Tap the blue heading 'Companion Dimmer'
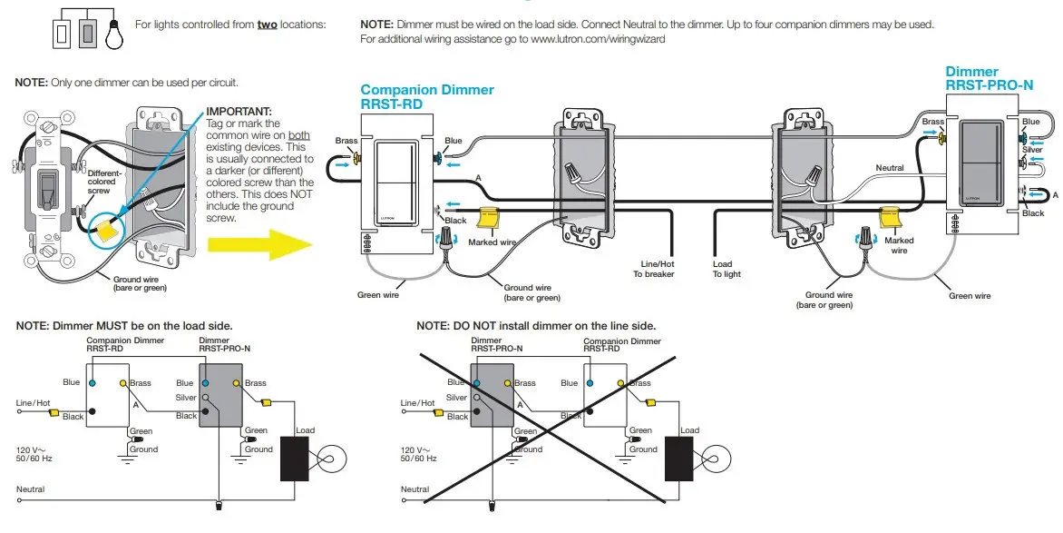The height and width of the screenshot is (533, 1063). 427,90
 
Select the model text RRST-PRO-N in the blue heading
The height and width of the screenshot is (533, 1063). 989,85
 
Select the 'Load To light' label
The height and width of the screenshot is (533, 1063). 727,269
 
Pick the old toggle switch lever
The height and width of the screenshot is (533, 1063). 44,190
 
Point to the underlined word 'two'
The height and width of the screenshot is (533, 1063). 268,24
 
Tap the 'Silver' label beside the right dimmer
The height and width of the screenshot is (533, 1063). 1032,150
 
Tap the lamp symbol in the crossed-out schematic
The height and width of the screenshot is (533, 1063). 717,458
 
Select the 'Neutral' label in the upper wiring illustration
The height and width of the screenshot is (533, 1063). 889,168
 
